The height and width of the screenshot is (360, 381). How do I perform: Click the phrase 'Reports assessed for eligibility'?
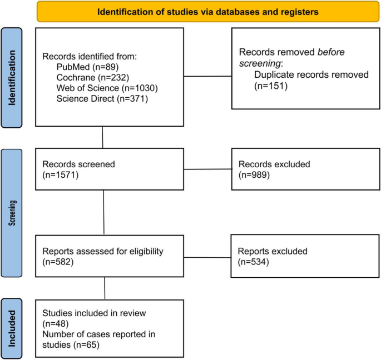click(x=103, y=251)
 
